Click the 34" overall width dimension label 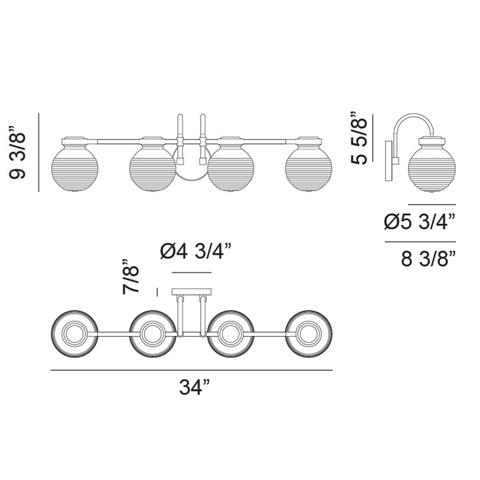[x=195, y=387]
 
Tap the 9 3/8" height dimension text [x=17, y=152]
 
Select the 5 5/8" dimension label [x=359, y=139]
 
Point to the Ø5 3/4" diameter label [x=420, y=222]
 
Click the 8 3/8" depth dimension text [x=428, y=259]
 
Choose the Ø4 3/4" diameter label [x=195, y=251]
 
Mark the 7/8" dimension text [x=131, y=277]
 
